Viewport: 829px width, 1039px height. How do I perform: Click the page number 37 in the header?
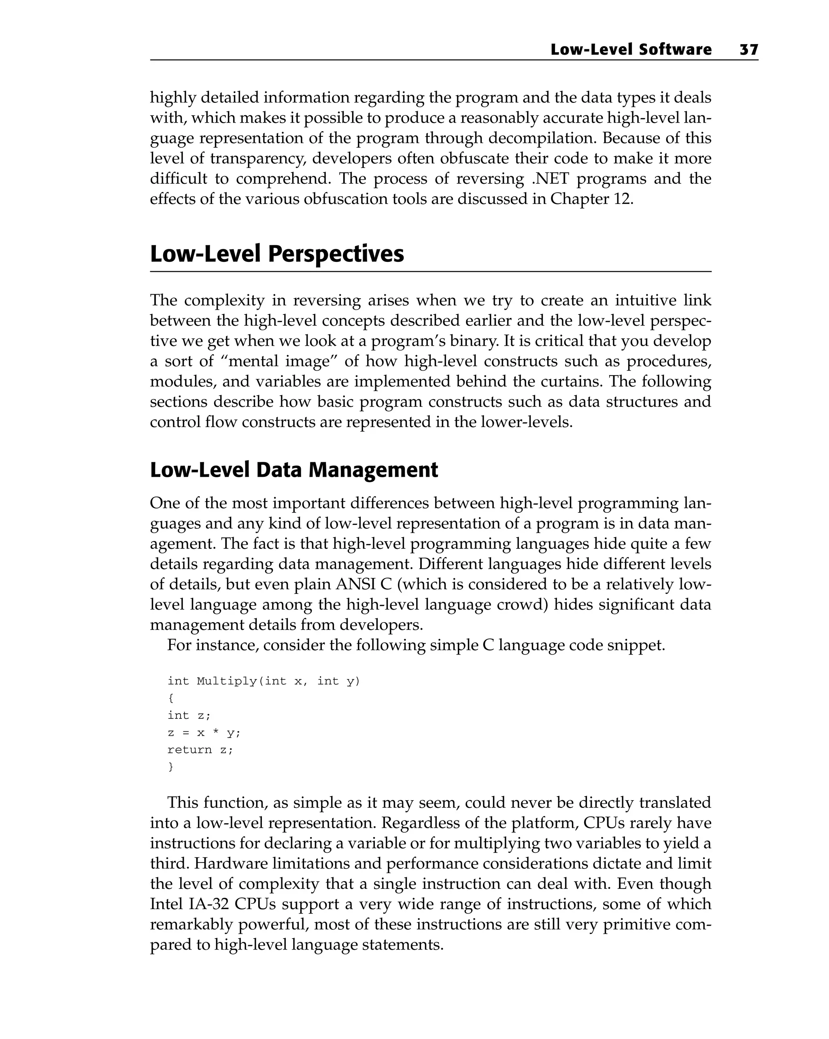pyautogui.click(x=748, y=50)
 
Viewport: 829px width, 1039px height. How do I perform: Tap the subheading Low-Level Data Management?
pyautogui.click(x=294, y=470)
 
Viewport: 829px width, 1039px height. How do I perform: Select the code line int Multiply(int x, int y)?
pyautogui.click(x=264, y=681)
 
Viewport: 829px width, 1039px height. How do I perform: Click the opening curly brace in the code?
pyautogui.click(x=171, y=698)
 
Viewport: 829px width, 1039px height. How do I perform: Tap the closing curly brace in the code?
pyautogui.click(x=171, y=767)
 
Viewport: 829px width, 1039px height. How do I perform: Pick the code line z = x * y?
pyautogui.click(x=203, y=733)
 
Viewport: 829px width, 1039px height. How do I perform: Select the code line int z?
pyautogui.click(x=189, y=716)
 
